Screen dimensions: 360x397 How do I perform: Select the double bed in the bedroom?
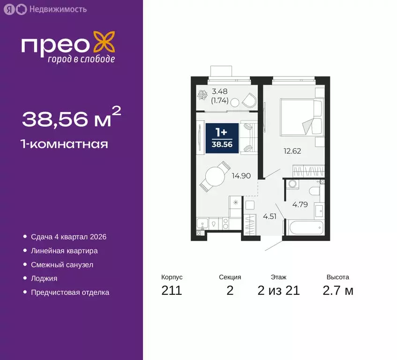(301, 116)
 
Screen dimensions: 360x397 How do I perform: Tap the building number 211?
(172, 291)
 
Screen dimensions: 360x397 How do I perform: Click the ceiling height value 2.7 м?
(337, 291)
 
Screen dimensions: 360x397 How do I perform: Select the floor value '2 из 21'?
(278, 291)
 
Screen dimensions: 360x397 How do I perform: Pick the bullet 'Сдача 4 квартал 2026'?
(68, 237)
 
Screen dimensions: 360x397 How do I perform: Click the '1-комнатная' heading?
(65, 144)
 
